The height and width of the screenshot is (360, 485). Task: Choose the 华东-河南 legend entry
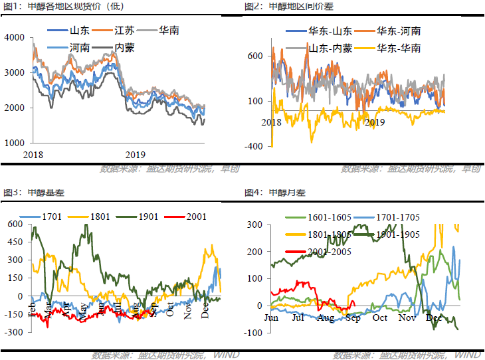pos(397,31)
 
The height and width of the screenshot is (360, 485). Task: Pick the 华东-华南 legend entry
pos(397,48)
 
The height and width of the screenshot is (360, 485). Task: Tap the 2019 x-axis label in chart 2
pos(376,122)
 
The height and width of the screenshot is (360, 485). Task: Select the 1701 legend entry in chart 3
pos(52,217)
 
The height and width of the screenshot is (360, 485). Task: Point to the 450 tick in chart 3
pos(14,242)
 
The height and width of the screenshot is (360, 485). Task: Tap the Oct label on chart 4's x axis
pos(380,318)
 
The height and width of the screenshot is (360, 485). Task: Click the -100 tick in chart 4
pos(253,332)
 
